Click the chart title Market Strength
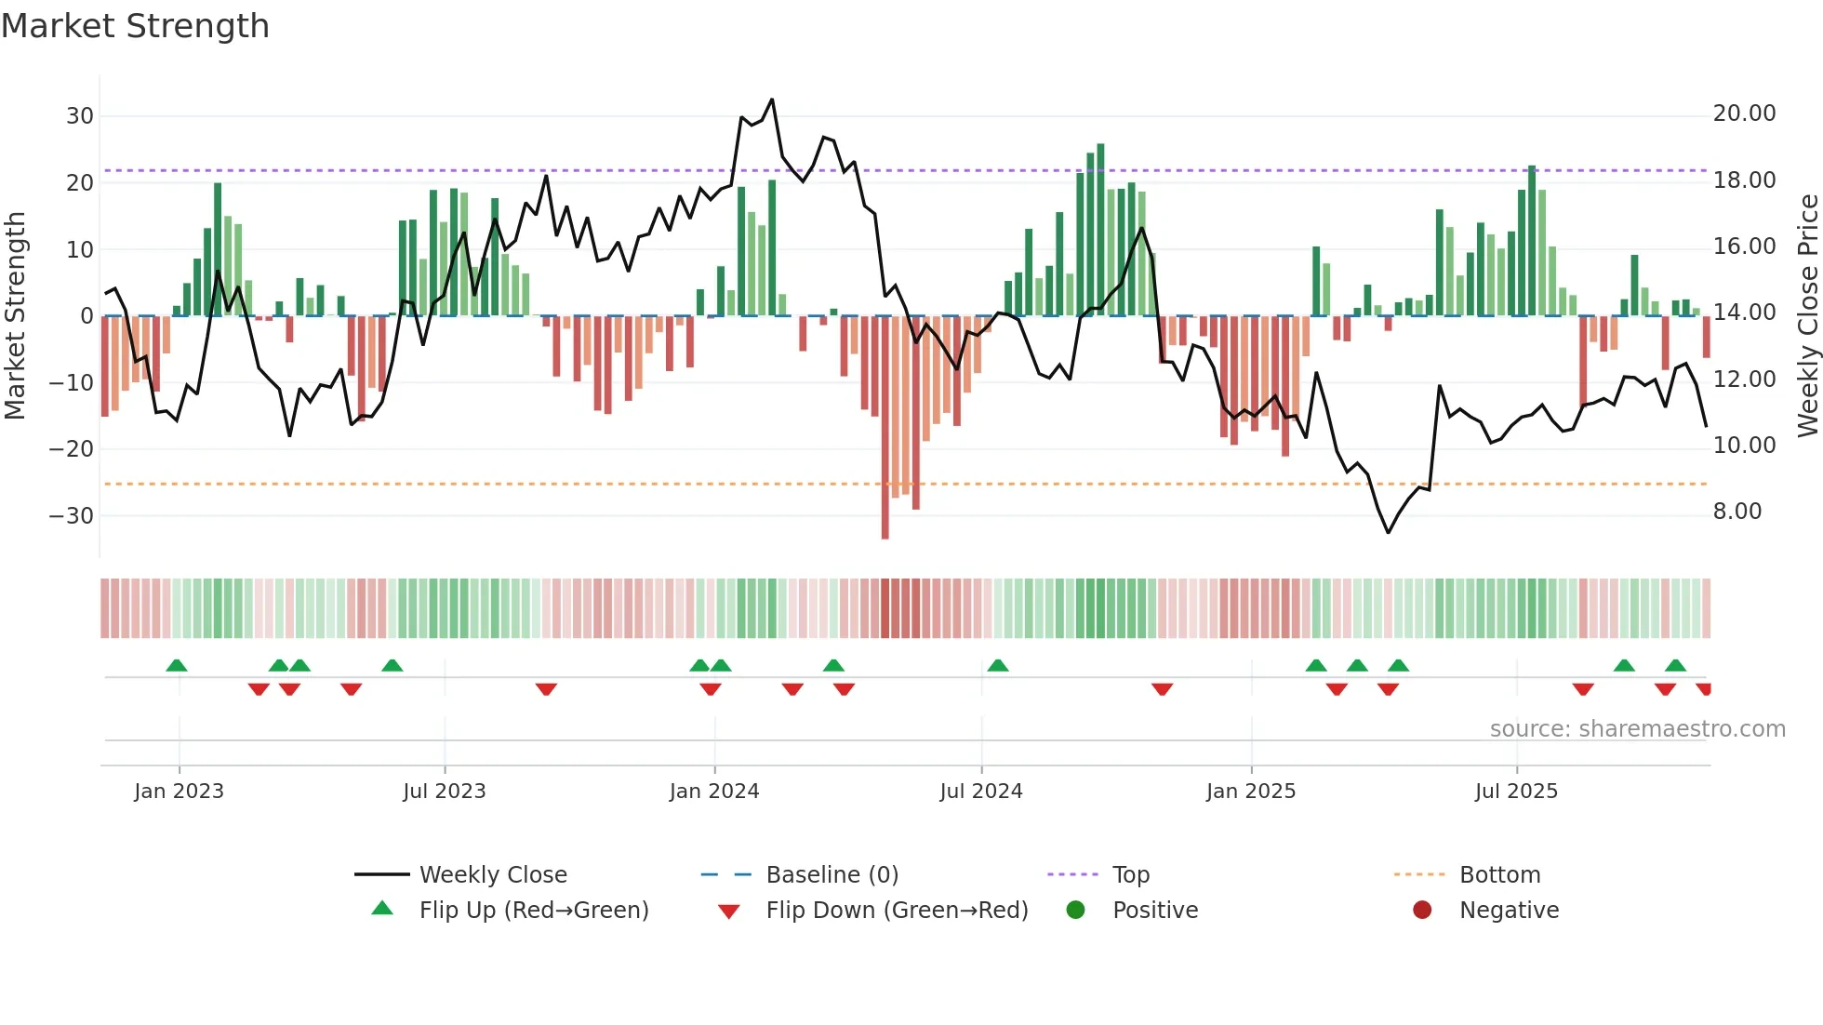coord(135,26)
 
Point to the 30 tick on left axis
coord(80,116)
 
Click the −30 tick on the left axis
coord(73,516)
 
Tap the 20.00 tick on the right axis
coord(1744,113)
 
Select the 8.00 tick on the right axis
coord(1737,512)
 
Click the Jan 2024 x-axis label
coord(713,792)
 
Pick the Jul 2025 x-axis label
coord(1515,792)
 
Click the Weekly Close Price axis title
coord(1807,315)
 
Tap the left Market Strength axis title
coord(15,315)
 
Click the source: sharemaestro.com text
coord(1637,729)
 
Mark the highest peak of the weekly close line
coord(772,100)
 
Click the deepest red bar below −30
coord(885,428)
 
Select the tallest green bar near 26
coord(1100,230)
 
